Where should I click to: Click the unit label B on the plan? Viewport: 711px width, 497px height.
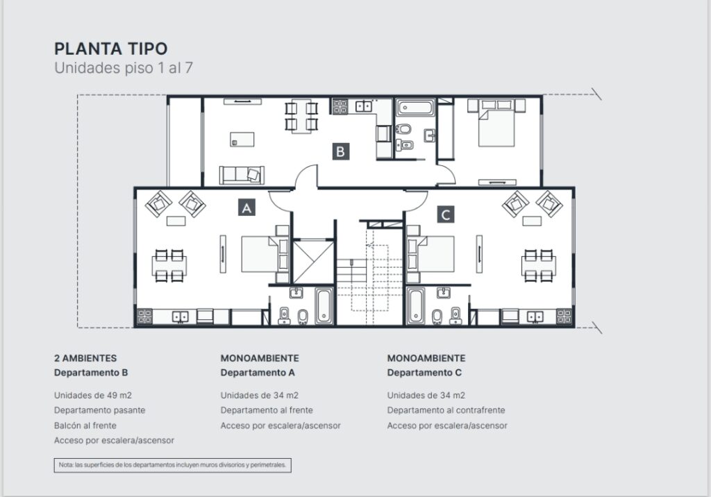(340, 151)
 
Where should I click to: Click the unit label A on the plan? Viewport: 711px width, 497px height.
(246, 208)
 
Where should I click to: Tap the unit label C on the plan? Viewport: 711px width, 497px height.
(445, 214)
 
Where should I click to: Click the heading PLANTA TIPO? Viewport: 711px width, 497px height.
(110, 49)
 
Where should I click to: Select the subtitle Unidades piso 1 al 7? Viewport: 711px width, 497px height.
(124, 68)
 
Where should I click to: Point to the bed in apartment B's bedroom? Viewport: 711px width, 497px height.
(496, 123)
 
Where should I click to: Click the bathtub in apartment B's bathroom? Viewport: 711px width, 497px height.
(415, 108)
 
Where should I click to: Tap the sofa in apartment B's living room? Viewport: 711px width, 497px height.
(242, 175)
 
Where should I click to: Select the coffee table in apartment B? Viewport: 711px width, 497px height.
(242, 140)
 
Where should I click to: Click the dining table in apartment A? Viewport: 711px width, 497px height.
(169, 265)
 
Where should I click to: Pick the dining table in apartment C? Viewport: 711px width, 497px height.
(538, 265)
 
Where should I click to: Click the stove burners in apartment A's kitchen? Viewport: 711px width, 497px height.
(144, 316)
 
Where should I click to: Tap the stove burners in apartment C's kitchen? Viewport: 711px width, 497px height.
(564, 316)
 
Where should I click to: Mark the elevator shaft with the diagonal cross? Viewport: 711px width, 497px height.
(313, 262)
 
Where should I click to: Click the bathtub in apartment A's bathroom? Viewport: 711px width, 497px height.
(324, 306)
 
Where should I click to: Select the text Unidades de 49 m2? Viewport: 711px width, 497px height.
(93, 396)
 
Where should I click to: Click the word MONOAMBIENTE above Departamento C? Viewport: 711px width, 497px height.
(426, 358)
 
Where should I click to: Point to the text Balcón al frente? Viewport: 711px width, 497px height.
(85, 426)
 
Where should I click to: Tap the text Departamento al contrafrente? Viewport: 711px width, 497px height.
(446, 410)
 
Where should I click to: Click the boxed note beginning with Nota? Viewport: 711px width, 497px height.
(173, 465)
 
